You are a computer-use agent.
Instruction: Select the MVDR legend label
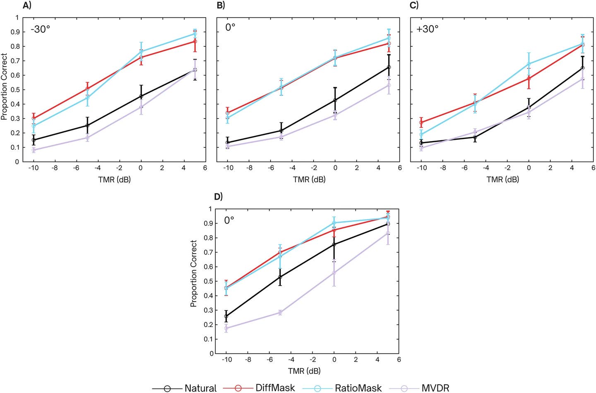[435, 388]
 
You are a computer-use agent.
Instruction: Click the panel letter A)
[27, 5]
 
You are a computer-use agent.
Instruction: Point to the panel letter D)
[219, 196]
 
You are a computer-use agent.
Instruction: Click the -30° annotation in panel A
[40, 30]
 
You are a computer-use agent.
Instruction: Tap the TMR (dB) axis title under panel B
[309, 180]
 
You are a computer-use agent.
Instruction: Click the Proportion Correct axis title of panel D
[193, 273]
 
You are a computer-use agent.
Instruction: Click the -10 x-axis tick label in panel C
[421, 168]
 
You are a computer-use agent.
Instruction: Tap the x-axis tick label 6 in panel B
[400, 168]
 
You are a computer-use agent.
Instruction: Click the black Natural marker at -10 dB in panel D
[226, 316]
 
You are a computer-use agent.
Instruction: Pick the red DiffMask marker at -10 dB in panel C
[421, 122]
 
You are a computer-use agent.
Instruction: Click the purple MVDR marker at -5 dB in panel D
[280, 312]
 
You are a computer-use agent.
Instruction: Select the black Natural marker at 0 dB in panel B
[335, 100]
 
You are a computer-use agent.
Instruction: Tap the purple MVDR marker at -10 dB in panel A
[34, 150]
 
